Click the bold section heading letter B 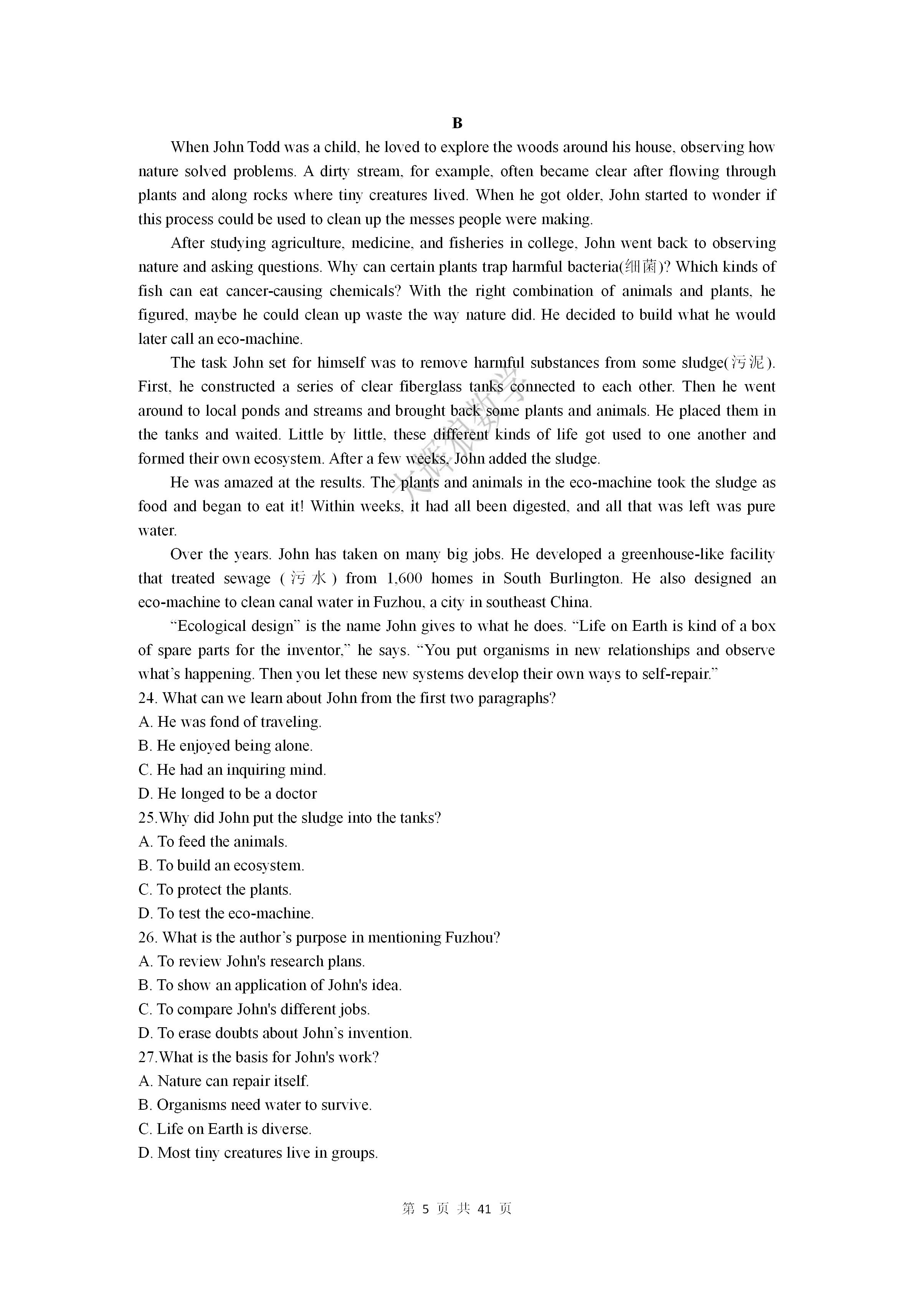coord(456,123)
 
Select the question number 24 coord(147,698)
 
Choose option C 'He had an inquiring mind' coord(232,770)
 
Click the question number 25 coord(147,818)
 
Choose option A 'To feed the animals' coord(213,842)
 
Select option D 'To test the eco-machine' coord(226,913)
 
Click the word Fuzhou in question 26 coord(472,937)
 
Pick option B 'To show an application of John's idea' coord(270,985)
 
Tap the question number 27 coord(147,1057)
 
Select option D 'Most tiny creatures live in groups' coord(258,1153)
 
